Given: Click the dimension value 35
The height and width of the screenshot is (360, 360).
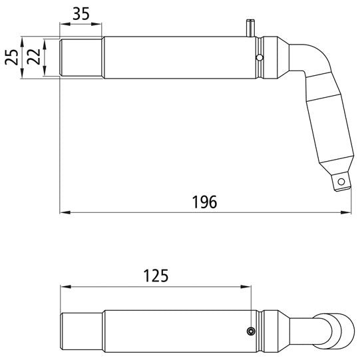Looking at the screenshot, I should [x=81, y=13].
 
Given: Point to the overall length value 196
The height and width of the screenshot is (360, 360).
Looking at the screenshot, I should [x=205, y=202].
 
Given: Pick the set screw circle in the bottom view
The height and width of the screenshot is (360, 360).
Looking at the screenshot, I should [x=250, y=332].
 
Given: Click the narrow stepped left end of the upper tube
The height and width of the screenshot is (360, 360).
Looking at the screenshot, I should [x=81, y=58].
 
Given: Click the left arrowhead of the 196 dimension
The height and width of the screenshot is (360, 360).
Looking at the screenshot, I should [x=64, y=213].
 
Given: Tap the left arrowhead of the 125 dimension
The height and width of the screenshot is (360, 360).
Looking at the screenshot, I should [x=64, y=287].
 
